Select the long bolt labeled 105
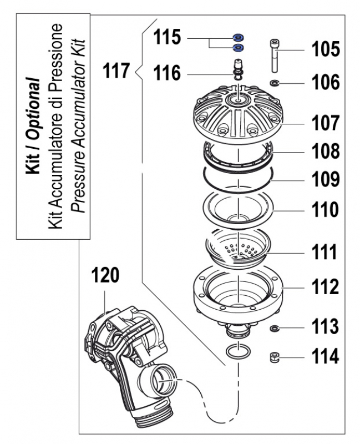pyautogui.click(x=275, y=56)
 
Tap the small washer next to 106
pyautogui.click(x=275, y=84)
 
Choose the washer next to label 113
pyautogui.click(x=274, y=329)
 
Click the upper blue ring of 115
pyautogui.click(x=239, y=38)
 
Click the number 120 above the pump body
pyautogui.click(x=105, y=276)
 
